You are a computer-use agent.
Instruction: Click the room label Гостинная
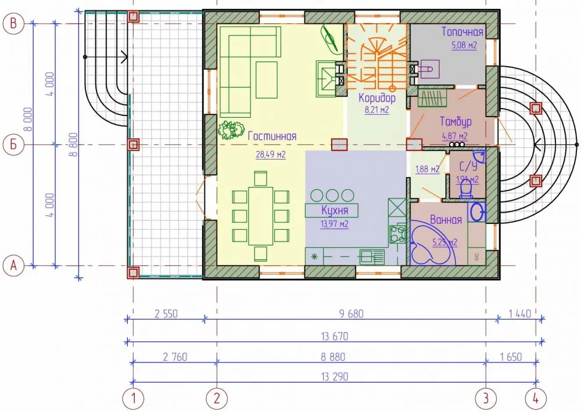point(272,136)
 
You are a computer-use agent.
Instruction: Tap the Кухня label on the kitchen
point(335,210)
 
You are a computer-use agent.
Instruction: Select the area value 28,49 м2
point(271,154)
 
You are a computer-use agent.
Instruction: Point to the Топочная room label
point(462,32)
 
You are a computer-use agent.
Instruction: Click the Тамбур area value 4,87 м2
point(455,136)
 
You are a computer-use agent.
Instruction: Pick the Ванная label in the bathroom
point(446,220)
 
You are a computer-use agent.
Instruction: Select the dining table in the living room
point(261,216)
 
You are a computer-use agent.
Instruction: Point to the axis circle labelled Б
point(13,144)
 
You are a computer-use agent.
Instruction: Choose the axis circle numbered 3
point(486,398)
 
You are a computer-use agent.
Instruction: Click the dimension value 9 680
point(352,314)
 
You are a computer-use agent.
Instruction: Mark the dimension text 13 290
point(335,377)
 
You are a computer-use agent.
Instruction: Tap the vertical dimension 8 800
point(74,144)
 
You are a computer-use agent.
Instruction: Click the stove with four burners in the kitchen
point(397,234)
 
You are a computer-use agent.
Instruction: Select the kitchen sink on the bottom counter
point(372,256)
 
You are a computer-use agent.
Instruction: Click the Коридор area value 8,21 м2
point(377,110)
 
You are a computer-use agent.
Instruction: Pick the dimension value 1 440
point(520,314)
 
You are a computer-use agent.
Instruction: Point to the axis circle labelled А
point(13,265)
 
